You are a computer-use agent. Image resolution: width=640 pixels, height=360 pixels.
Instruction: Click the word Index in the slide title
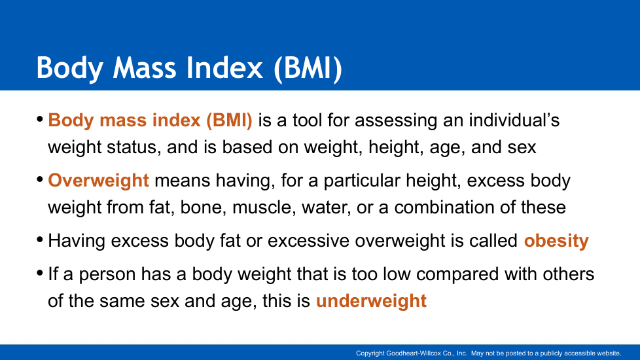coord(224,67)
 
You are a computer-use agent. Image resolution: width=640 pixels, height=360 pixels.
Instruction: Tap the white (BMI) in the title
coord(308,69)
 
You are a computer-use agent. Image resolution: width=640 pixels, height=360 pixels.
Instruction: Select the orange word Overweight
coord(98,181)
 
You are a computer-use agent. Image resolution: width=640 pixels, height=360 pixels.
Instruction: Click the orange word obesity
coord(556,241)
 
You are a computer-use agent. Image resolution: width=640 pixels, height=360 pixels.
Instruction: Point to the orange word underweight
coord(371,301)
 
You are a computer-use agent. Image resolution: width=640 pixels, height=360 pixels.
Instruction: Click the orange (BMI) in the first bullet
coord(229,121)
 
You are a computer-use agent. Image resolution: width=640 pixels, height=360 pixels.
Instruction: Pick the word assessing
coord(396,121)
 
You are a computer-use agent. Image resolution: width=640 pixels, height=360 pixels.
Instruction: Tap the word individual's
coord(514,120)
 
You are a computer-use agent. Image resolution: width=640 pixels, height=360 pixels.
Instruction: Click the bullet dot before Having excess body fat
coord(40,240)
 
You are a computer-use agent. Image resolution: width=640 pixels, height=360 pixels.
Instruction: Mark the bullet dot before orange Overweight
coord(40,179)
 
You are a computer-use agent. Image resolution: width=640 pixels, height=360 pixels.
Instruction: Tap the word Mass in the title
coord(145,67)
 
